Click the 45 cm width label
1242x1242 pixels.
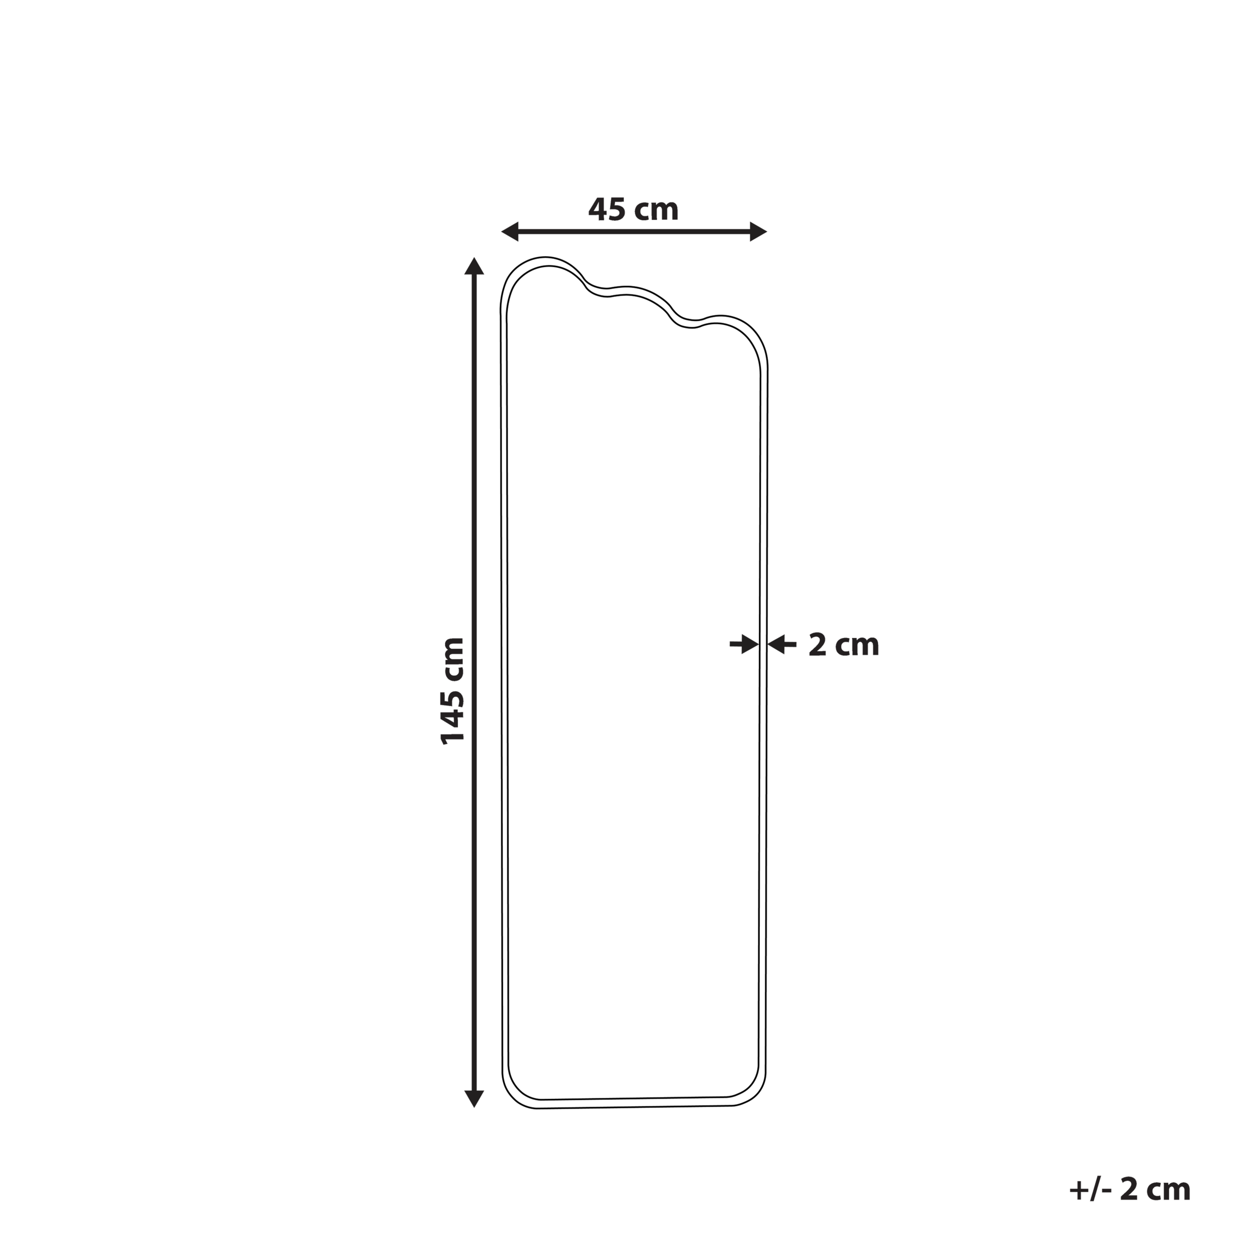633,210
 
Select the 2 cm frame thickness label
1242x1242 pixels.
843,645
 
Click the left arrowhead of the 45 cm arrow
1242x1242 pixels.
510,231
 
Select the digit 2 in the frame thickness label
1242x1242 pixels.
817,645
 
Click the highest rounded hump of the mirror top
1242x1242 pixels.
545,259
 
